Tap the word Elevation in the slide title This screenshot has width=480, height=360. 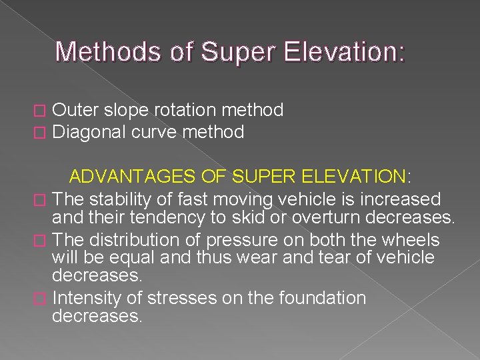[x=346, y=52]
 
